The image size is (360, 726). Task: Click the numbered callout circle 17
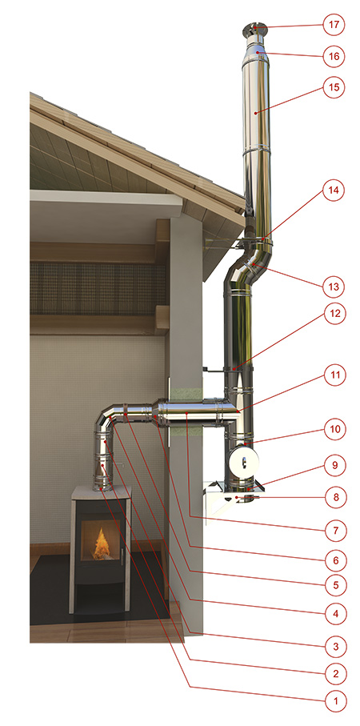[334, 26]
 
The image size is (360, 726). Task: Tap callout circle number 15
[334, 87]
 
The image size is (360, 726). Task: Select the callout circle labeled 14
[334, 191]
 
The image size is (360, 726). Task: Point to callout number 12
[334, 314]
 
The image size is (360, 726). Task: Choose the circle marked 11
[334, 375]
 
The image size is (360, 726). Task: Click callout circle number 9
[334, 466]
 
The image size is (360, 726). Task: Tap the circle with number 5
[334, 585]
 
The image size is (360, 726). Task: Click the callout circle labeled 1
[334, 700]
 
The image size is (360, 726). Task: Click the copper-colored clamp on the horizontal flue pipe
[126, 411]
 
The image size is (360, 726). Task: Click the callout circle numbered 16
[334, 57]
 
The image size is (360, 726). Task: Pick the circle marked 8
[334, 497]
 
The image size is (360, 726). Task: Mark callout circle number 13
[334, 287]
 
